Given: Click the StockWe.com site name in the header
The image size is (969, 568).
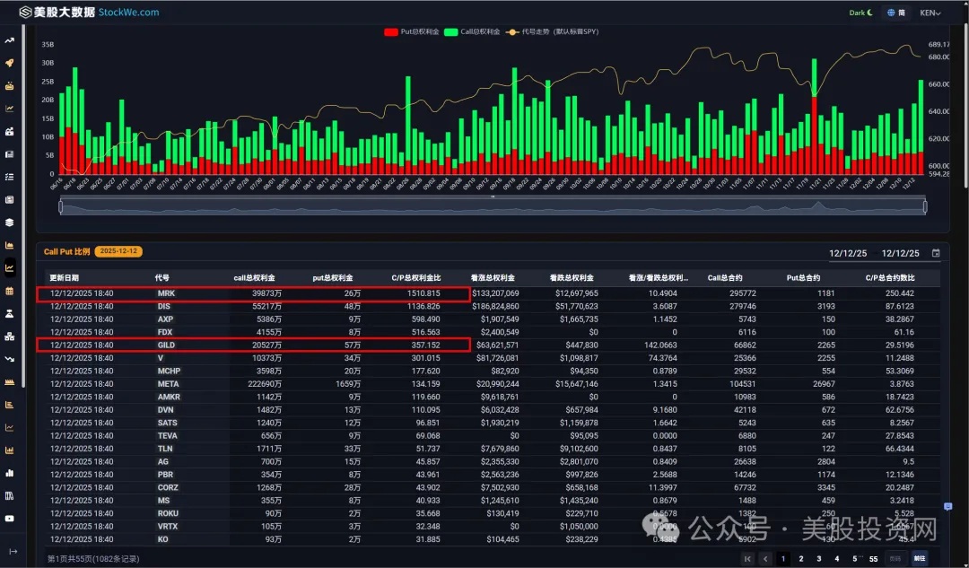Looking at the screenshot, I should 128,13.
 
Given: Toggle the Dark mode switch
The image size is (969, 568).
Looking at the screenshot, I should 860,13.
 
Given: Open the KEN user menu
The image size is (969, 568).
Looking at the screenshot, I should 930,13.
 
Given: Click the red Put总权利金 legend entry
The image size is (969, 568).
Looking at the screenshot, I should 412,32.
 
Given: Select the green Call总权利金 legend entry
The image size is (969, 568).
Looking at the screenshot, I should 474,32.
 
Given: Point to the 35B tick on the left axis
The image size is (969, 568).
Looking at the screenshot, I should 48,44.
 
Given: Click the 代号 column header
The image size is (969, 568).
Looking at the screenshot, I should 161,278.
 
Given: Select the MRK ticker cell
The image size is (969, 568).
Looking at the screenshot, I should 166,293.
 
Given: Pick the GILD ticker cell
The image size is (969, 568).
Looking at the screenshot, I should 166,345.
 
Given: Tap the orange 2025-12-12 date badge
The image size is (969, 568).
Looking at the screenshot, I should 120,252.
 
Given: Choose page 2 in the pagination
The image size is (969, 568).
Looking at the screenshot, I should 800,558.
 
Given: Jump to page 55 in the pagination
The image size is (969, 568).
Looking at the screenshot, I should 873,558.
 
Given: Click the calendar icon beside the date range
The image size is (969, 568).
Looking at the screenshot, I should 936,253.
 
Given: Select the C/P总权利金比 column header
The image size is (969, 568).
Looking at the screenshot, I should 415,278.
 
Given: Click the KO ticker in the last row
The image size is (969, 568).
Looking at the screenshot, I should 162,539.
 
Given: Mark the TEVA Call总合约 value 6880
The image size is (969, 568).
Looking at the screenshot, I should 720,435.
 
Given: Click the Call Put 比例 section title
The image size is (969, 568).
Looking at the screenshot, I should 66,252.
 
